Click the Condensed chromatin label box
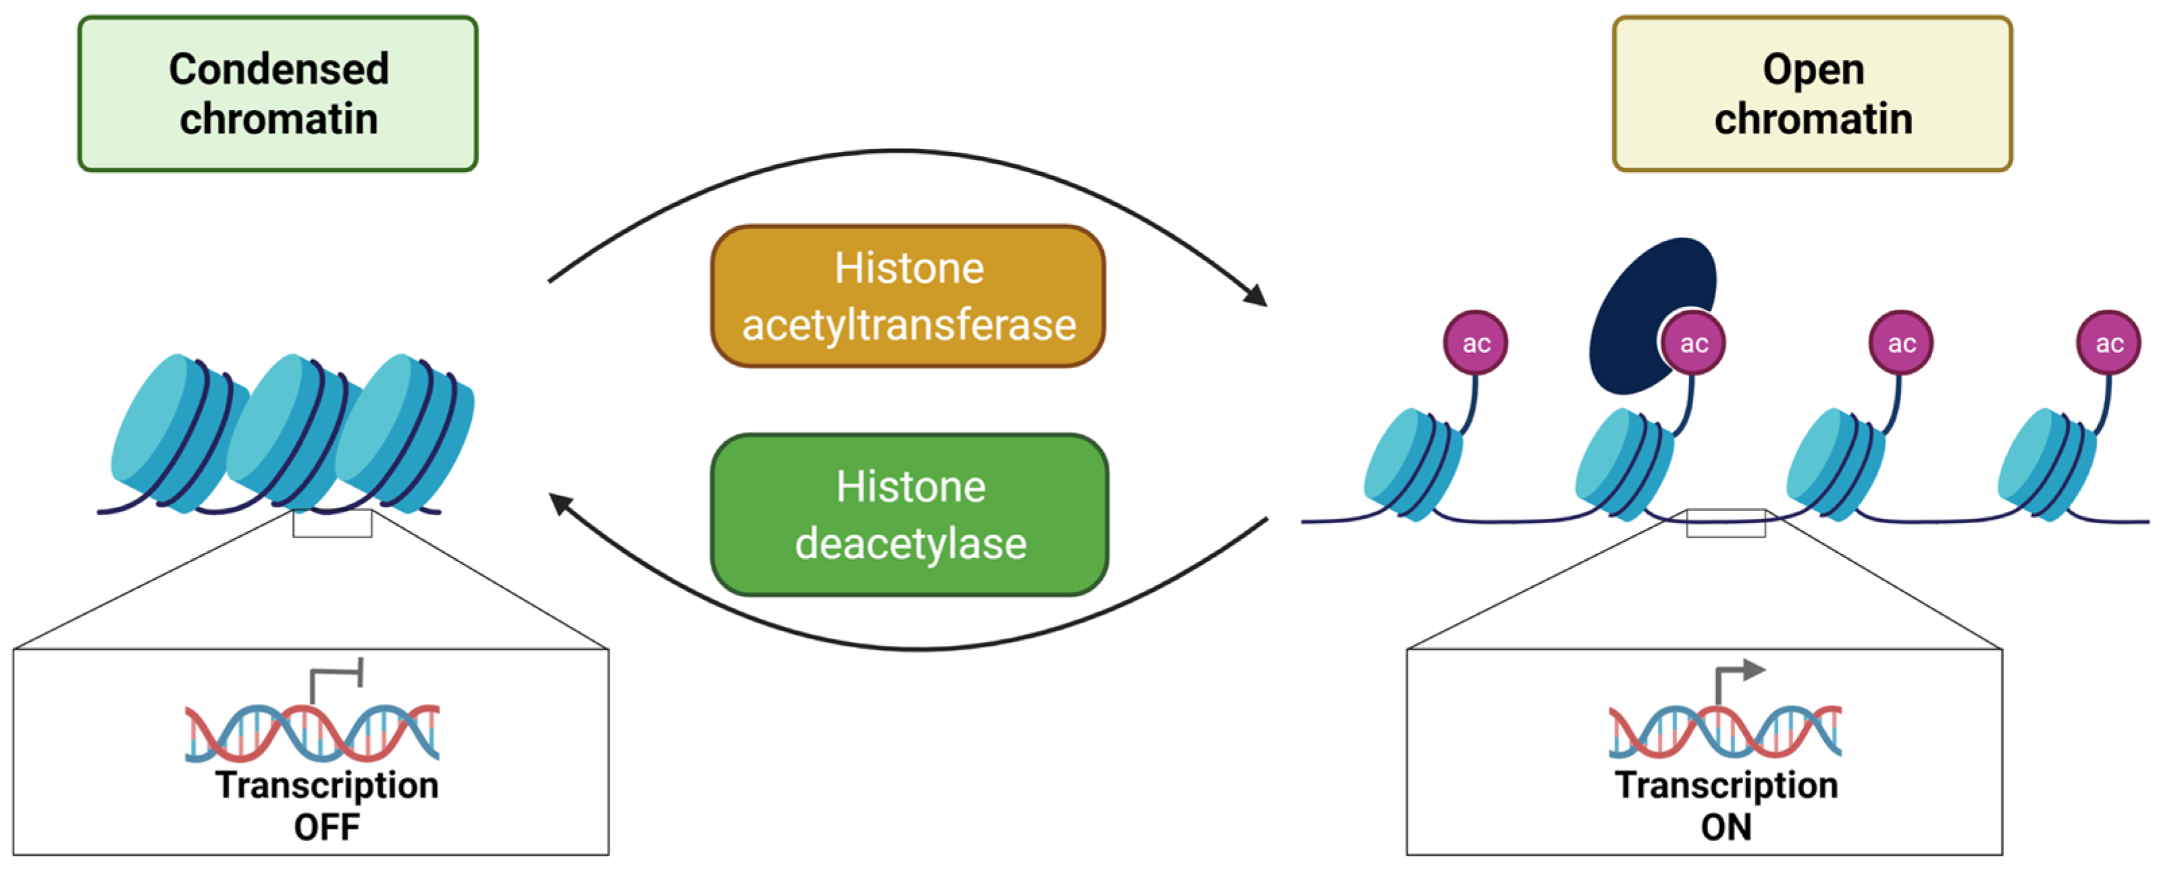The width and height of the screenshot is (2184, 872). [277, 93]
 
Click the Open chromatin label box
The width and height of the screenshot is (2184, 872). [1812, 93]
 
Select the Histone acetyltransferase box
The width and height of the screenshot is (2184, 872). [908, 296]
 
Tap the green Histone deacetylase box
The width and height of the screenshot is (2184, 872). [909, 514]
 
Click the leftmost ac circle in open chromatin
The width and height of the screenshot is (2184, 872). [1475, 342]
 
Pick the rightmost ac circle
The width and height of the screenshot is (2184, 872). [2108, 342]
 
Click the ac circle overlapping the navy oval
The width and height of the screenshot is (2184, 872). [1693, 342]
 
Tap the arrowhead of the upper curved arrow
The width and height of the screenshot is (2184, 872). [1256, 295]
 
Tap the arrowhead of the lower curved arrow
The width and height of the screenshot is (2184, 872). [560, 503]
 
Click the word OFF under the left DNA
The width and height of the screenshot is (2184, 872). [326, 827]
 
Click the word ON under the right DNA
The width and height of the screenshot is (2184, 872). [1726, 827]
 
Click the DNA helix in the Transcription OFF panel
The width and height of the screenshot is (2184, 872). [312, 732]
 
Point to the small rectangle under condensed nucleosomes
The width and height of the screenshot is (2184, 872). [331, 523]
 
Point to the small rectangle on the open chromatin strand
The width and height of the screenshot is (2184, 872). [1726, 523]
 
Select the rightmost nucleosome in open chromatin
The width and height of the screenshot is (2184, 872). [2045, 464]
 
